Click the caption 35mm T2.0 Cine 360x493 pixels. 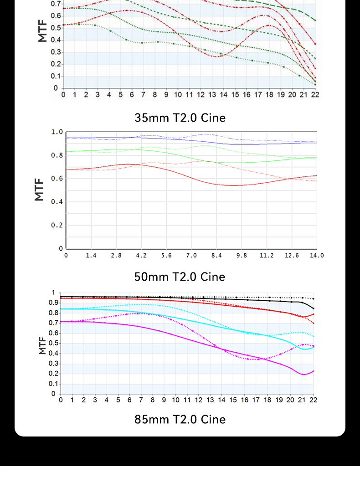click(180, 118)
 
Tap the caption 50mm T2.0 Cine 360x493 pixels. click(180, 277)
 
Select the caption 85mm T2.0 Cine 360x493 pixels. click(180, 419)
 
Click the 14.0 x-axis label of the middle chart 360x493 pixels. click(317, 256)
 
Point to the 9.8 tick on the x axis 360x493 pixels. click(242, 256)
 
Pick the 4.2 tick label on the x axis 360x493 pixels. click(141, 256)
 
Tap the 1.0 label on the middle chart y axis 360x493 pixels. click(57, 132)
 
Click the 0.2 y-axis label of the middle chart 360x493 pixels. click(57, 225)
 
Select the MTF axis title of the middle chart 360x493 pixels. click(39, 190)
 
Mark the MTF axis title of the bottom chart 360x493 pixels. click(42, 346)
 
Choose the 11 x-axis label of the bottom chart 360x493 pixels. click(187, 400)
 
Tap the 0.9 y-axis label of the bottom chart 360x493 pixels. click(53, 303)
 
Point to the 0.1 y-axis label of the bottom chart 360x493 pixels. click(53, 384)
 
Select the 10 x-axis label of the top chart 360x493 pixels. click(178, 95)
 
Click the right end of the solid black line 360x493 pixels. click(314, 308)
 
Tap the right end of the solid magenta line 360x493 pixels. click(314, 371)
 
